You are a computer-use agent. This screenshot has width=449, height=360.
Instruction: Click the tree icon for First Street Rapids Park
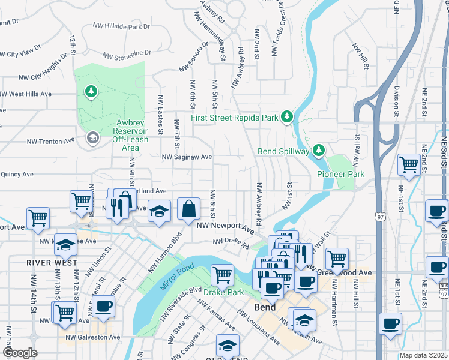coord(288,116)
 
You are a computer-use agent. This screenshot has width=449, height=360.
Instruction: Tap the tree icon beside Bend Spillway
coord(319,150)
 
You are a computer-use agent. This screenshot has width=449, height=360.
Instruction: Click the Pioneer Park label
coord(340,174)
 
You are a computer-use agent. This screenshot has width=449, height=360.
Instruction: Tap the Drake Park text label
coord(223,292)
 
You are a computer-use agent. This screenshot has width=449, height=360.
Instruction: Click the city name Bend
coord(265,307)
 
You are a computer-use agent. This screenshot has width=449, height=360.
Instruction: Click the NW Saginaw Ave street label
coord(187,157)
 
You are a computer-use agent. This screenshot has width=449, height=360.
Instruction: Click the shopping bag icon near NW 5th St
coord(188,209)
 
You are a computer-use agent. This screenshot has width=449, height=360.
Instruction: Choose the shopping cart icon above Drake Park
coord(222,275)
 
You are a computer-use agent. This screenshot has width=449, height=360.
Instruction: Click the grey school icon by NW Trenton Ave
coord(92,139)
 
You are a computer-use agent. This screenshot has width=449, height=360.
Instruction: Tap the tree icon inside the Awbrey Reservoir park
coord(91,92)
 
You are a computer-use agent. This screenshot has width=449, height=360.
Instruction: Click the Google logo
coord(20,353)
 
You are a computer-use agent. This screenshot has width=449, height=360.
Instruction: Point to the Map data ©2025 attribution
coord(423,355)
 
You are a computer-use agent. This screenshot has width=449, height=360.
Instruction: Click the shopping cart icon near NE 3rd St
coord(409,164)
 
